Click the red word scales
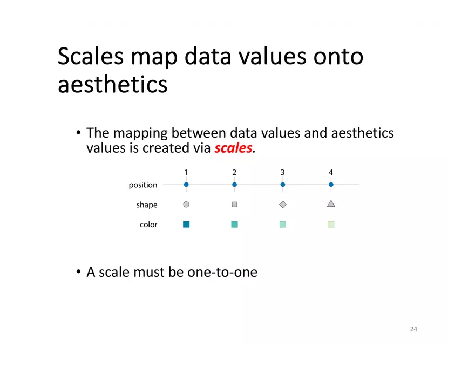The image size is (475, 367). point(233,148)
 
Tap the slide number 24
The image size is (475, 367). point(413,329)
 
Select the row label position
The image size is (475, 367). point(143,185)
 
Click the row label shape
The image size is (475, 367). point(147,205)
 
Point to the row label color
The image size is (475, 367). point(148,225)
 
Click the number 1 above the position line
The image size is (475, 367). point(186,172)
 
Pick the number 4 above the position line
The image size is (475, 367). point(331,172)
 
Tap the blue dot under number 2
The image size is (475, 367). point(234,185)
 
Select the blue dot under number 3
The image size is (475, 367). point(283,185)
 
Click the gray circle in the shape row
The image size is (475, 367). point(186,205)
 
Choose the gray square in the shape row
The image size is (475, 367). point(234,205)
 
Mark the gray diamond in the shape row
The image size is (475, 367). point(283,205)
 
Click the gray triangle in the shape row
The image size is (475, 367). point(331,204)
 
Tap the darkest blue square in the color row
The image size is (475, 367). point(186,225)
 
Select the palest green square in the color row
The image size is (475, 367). point(331,225)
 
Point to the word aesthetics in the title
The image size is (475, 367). point(112,85)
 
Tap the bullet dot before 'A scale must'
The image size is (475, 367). point(79,271)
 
